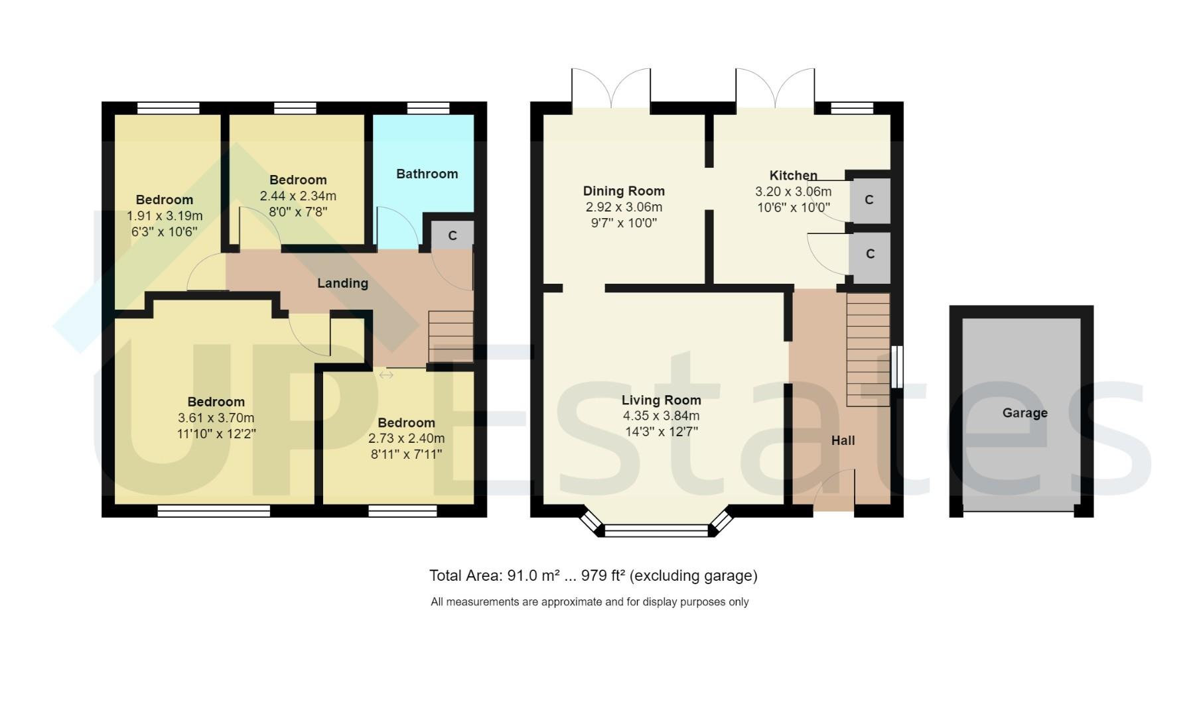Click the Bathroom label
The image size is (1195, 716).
[x=427, y=174]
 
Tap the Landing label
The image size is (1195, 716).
[x=342, y=283]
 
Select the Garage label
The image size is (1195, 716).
[x=1024, y=413]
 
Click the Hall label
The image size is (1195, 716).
[x=843, y=440]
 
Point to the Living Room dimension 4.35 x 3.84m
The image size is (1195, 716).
[x=661, y=416]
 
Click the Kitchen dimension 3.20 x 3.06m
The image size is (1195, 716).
[x=793, y=192]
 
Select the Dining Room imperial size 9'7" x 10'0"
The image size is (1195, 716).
[x=624, y=223]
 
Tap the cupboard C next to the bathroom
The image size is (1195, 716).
[x=453, y=236]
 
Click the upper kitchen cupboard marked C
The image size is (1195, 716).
[x=869, y=200]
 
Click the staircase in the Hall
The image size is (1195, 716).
[x=868, y=349]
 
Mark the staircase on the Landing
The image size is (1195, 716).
[x=451, y=337]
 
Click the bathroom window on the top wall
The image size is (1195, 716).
[x=428, y=108]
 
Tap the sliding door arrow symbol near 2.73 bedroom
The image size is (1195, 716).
[x=386, y=375]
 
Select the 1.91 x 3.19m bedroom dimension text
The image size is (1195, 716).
[x=165, y=216]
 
